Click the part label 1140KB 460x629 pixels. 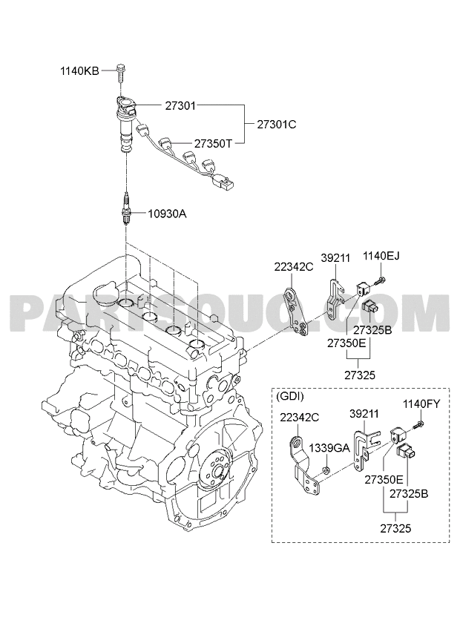coord(79,71)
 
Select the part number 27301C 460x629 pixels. coord(277,125)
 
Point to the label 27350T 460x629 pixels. coord(213,143)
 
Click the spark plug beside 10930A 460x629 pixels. coord(127,209)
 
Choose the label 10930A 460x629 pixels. coord(167,214)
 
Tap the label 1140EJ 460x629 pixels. coord(381,255)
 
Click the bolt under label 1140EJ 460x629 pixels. coord(379,280)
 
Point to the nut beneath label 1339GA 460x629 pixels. coord(326,470)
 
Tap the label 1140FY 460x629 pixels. coord(421,404)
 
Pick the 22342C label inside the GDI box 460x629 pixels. coord(300,418)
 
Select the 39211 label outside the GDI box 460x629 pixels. coord(335,258)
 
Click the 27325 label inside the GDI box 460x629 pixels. coord(395,528)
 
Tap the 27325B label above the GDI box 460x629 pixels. coord(372,330)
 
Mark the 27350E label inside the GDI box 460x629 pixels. coord(384,480)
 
